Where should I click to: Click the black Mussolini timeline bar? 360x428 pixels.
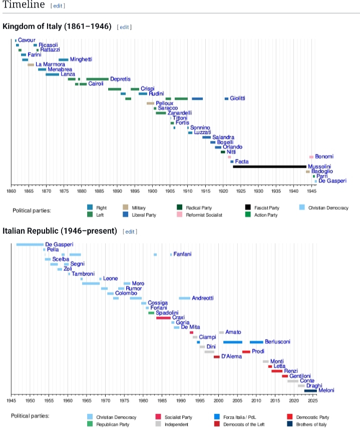(x=269, y=166)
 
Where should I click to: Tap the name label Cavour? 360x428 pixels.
(x=27, y=40)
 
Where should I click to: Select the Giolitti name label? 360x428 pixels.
(x=237, y=98)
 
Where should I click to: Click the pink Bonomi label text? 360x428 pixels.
(x=324, y=157)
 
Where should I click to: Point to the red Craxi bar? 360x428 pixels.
(x=163, y=318)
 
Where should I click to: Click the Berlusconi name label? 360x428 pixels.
(x=277, y=342)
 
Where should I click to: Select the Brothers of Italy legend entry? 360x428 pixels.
(x=312, y=424)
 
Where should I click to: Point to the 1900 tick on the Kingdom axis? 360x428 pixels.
(x=152, y=191)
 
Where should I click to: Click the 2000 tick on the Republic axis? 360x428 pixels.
(x=218, y=400)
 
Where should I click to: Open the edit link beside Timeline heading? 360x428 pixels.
(x=58, y=6)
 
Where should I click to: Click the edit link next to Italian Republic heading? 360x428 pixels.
(x=130, y=231)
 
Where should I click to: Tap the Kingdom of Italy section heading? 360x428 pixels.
(x=57, y=26)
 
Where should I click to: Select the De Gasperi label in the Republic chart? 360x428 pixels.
(x=59, y=244)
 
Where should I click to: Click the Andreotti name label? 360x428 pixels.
(x=203, y=298)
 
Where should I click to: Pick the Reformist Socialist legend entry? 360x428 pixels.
(x=203, y=215)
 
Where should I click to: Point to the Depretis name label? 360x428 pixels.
(x=120, y=79)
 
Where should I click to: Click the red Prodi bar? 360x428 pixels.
(x=246, y=352)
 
